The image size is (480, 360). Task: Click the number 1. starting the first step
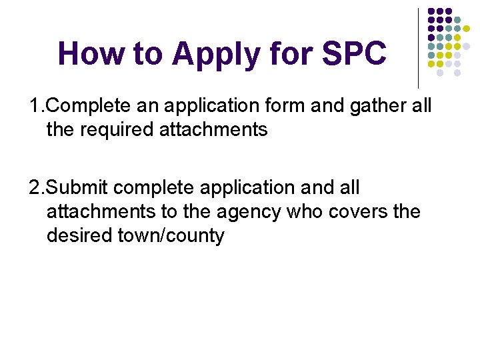tap(37, 105)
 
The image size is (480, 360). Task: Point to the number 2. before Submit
tap(37, 188)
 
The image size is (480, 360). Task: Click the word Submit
tap(83, 188)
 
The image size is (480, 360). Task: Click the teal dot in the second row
tap(457, 20)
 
